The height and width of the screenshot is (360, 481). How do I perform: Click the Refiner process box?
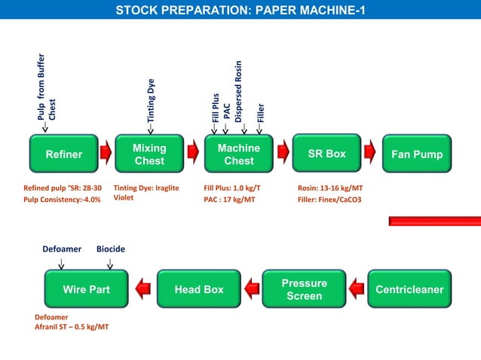tap(64, 154)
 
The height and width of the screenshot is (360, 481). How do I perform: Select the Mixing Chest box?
tap(149, 154)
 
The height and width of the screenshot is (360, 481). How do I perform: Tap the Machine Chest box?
tap(238, 154)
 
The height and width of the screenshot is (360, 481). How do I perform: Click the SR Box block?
tap(326, 154)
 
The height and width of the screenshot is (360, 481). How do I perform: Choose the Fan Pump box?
tap(417, 154)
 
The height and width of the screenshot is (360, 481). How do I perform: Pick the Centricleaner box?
tap(409, 289)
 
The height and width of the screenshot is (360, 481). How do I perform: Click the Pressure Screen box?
tap(305, 289)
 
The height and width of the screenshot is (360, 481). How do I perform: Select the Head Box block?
tap(199, 289)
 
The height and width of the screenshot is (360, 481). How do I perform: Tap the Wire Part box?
tap(86, 289)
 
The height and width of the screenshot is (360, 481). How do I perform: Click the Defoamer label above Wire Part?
tap(62, 249)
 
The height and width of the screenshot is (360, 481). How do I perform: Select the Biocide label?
tap(111, 249)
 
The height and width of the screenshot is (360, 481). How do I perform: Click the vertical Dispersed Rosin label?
tap(238, 91)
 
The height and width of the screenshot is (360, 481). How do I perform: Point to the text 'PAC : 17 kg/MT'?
tap(229, 200)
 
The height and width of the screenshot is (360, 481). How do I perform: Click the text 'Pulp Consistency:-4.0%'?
tap(62, 200)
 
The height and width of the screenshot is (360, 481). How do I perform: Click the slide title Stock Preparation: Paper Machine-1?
tap(240, 11)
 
